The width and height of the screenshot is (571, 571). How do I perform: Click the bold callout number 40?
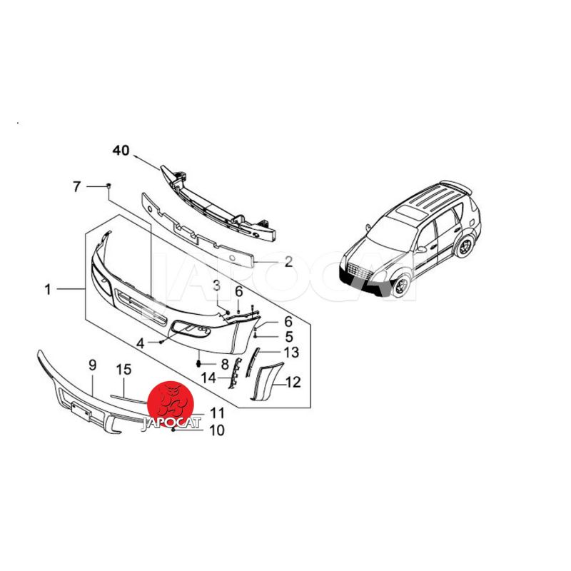(121, 150)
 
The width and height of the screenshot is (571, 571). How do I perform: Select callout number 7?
(76, 187)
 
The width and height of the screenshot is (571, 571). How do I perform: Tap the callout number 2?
(288, 261)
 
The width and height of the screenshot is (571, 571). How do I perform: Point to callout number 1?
(48, 290)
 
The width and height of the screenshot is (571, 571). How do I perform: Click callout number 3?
(216, 285)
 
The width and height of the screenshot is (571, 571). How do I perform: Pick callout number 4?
(140, 343)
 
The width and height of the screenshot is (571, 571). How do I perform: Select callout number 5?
(289, 337)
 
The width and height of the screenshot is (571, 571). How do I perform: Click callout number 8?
(225, 364)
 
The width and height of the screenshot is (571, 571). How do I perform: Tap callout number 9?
(93, 365)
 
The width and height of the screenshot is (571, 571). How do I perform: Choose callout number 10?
(217, 430)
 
